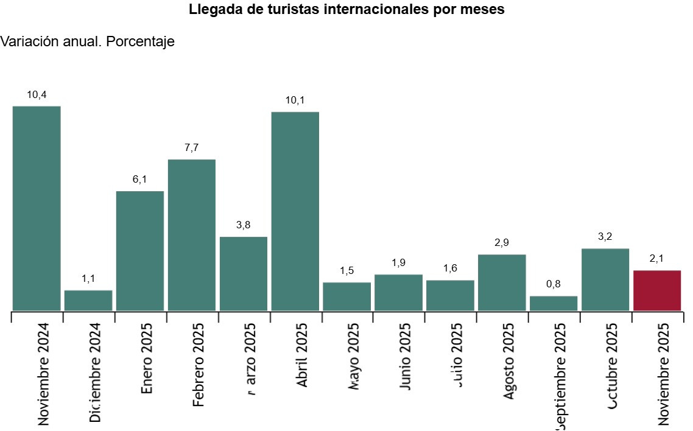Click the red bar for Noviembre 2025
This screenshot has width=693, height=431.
(x=657, y=290)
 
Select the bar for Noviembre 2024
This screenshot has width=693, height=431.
(x=37, y=208)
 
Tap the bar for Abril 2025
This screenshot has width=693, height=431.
(x=295, y=211)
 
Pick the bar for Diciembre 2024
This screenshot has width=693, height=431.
(x=88, y=300)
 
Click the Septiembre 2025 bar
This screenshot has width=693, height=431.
(x=554, y=303)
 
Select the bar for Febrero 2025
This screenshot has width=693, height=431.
(x=192, y=235)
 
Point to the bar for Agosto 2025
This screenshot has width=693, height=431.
(x=502, y=282)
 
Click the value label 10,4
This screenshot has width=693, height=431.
(x=37, y=94)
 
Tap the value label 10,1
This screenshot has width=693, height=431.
(x=295, y=100)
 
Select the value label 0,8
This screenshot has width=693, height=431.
(x=554, y=284)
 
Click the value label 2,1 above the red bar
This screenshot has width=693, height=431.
(x=657, y=259)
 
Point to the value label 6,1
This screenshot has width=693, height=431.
(x=140, y=180)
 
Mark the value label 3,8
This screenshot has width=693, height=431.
(x=244, y=225)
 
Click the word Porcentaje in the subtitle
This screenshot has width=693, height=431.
(x=140, y=42)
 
